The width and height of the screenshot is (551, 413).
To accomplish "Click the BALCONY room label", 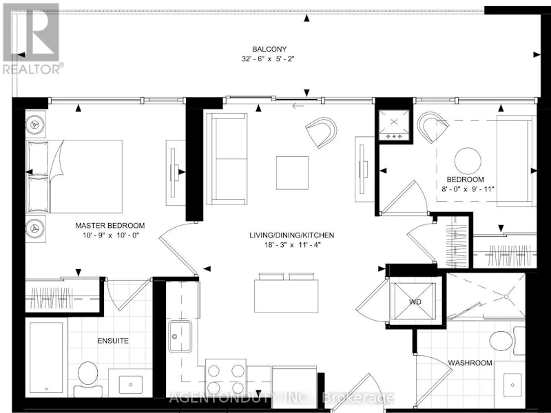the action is tap(269, 49).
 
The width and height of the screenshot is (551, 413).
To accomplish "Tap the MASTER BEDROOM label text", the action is tap(110, 226).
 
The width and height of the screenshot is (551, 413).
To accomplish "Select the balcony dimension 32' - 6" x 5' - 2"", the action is tap(268, 59).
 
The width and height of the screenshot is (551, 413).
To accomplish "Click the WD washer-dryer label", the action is tap(415, 301).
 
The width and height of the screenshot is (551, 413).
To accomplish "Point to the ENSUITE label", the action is tap(113, 341).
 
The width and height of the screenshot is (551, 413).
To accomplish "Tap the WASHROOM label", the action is tap(470, 363).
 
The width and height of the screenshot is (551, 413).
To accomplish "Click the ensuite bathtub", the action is tap(46, 357).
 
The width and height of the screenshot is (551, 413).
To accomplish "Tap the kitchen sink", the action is tap(180, 337).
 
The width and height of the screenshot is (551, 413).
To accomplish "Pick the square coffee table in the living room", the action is tap(292, 173).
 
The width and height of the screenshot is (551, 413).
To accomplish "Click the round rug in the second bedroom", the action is tap(468, 161).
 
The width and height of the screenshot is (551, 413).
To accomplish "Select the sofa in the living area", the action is tap(227, 158).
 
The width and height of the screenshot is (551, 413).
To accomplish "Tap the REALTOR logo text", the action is tap(33, 69).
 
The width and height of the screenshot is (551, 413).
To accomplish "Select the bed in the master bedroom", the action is tap(74, 176).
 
